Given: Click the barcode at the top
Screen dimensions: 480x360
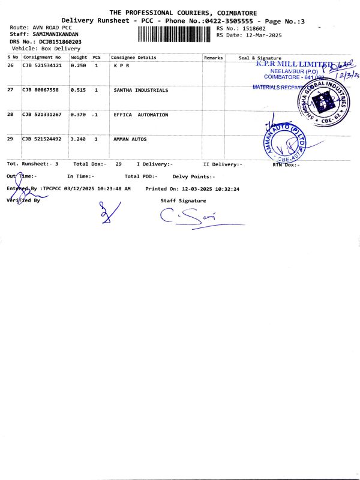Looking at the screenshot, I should point(175,34).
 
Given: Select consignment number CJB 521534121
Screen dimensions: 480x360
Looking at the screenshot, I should point(41,65).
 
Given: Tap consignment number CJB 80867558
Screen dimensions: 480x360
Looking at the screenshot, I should point(40,90).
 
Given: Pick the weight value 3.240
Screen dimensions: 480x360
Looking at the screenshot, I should point(79,139).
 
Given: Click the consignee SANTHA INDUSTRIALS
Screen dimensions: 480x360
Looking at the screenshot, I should point(141,90).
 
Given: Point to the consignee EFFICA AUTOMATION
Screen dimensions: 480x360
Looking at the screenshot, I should point(141,115).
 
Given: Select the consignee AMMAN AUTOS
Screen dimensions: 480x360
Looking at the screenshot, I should point(130,139).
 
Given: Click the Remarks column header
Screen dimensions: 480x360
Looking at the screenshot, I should point(213,58).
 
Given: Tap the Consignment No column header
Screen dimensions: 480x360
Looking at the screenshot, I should point(42,58).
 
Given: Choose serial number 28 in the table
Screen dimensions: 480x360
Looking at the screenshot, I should point(10,115).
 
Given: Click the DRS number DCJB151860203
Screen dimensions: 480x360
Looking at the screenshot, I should point(61,41).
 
